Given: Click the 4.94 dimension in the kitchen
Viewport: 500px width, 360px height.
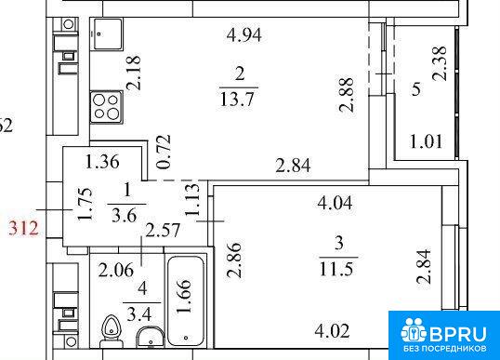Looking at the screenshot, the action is [x=243, y=35].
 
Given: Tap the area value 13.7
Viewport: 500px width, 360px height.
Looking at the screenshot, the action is [x=237, y=99].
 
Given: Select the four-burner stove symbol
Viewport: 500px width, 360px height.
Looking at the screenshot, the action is [x=107, y=107].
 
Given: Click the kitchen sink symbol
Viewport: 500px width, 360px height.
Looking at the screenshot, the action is [x=108, y=33].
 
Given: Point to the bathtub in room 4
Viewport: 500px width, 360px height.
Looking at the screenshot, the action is [x=186, y=301].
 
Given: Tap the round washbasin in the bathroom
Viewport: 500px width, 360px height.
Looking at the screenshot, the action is [x=151, y=338].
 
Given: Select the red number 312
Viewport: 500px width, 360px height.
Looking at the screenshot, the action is [x=23, y=229].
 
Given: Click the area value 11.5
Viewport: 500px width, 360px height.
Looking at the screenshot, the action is [x=336, y=269].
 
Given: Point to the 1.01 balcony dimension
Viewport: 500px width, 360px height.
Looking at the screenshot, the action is [x=426, y=141].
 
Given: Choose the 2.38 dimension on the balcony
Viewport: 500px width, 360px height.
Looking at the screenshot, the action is [x=440, y=63].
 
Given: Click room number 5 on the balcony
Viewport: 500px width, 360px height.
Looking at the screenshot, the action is [x=416, y=89].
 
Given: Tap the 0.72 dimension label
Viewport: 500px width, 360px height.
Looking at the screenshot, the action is [x=164, y=153].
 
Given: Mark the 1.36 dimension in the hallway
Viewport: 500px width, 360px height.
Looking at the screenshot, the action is [x=102, y=162].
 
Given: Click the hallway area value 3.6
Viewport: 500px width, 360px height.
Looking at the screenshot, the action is [x=124, y=216].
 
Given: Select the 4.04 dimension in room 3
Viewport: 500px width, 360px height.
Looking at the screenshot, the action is [x=335, y=203].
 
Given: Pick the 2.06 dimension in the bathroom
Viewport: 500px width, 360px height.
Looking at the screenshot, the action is [x=116, y=271].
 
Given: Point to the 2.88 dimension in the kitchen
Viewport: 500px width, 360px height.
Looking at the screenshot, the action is [x=347, y=95].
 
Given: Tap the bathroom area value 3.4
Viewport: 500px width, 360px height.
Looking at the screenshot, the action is [x=138, y=315].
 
